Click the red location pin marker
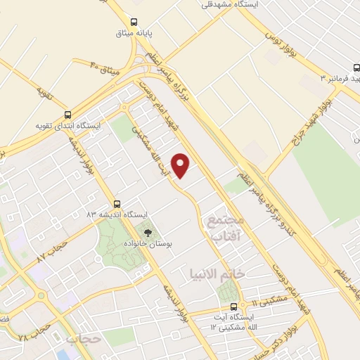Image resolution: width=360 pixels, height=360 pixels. tap(181, 166)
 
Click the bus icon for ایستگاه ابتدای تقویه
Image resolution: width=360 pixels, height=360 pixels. tap(67, 115)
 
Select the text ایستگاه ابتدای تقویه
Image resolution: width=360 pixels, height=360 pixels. tap(69, 127)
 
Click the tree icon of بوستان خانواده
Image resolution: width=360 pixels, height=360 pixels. tap(148, 232)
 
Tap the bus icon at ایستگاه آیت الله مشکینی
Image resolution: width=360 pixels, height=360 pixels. tap(235, 306)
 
